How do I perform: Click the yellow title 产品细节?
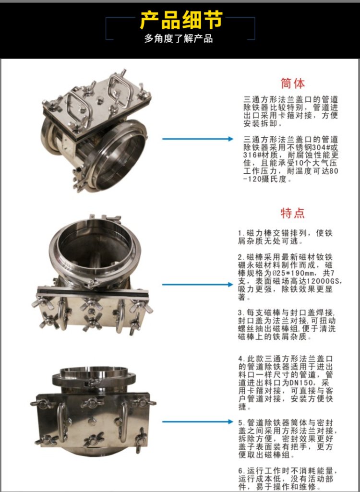181,20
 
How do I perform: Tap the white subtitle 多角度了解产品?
179,38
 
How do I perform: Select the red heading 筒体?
292,84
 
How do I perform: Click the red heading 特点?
292,213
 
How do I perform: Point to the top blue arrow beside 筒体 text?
198,139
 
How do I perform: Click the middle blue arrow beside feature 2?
198,285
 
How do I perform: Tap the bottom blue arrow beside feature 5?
198,421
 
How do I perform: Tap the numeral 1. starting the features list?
241,233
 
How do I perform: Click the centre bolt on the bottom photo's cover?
92,421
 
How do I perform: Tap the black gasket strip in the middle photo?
92,293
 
